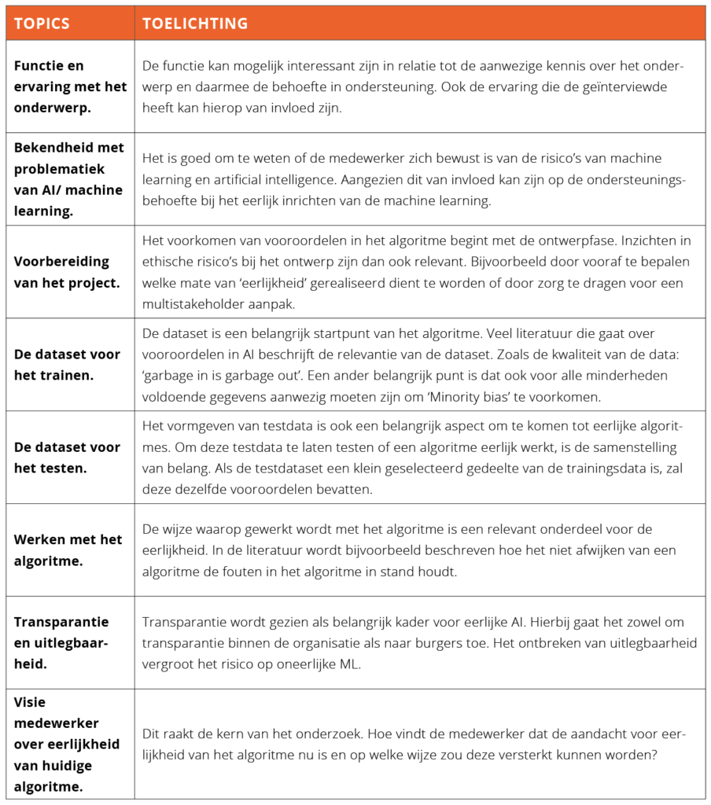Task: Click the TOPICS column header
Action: tap(42, 24)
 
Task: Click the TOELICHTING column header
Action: tap(194, 24)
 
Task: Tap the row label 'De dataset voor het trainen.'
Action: tap(67, 364)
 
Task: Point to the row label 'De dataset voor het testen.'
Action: tap(67, 457)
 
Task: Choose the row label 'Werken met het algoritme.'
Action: tap(68, 550)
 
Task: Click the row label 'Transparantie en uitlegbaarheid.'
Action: tap(61, 642)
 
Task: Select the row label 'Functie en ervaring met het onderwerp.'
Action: tap(69, 86)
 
